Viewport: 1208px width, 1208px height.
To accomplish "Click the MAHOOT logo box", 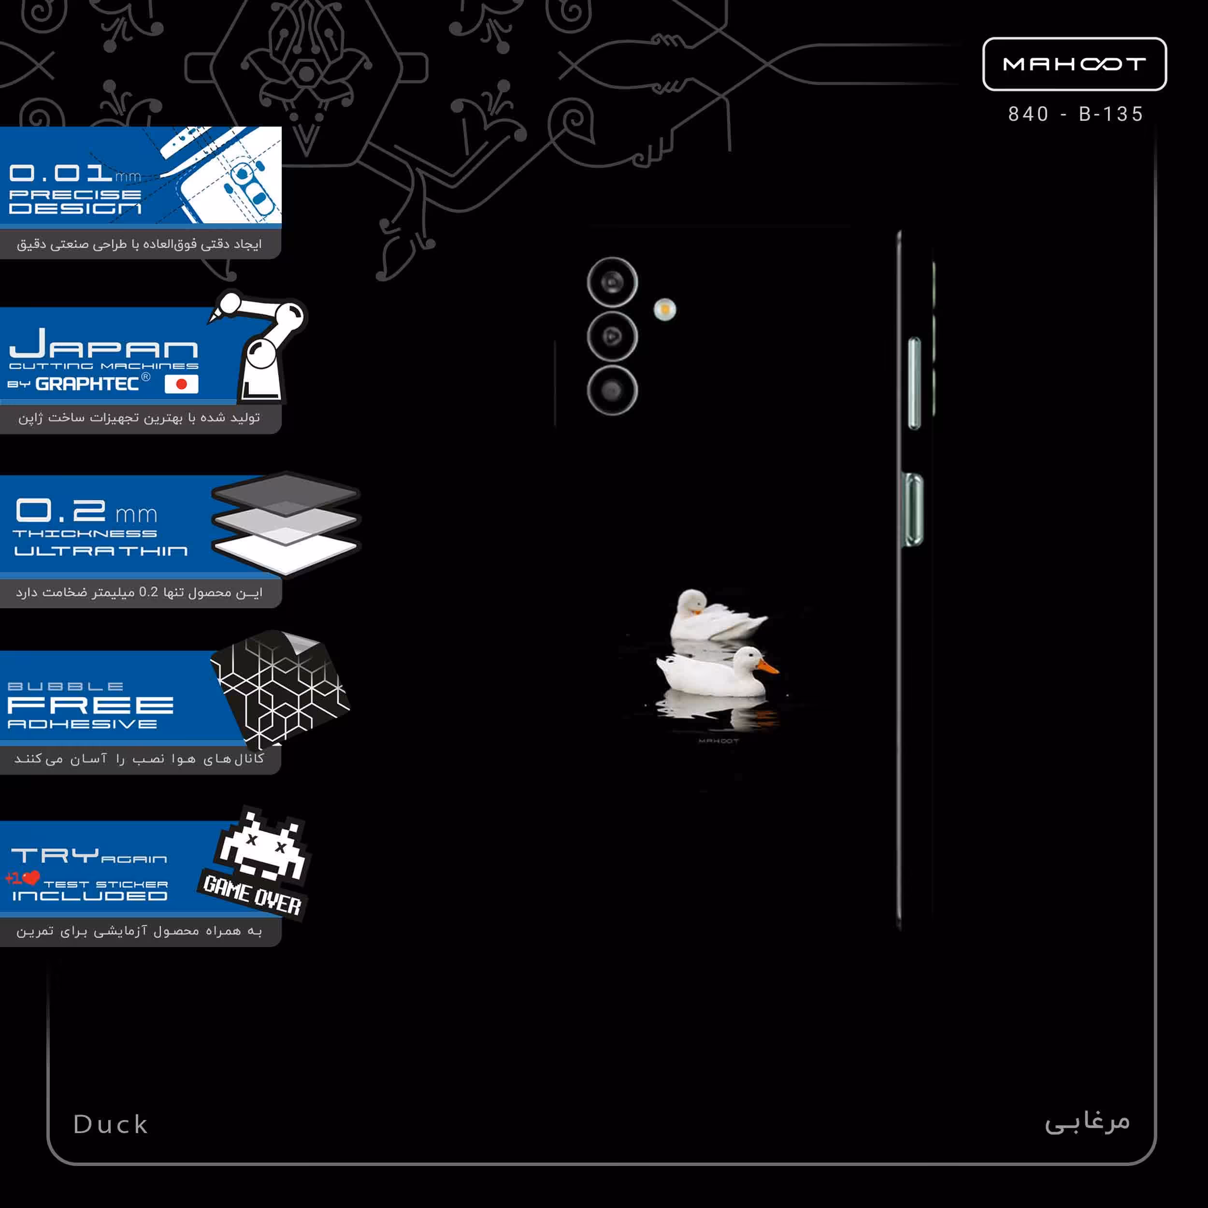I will coord(1074,64).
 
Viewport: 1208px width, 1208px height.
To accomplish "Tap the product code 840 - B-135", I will coord(1076,114).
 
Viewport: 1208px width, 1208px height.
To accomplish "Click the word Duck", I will coord(111,1124).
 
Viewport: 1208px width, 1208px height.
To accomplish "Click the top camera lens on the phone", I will coord(612,282).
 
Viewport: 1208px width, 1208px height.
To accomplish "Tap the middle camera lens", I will coord(612,336).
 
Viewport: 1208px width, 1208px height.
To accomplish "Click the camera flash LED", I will coord(665,310).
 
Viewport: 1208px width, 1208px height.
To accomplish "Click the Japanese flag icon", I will coord(181,384).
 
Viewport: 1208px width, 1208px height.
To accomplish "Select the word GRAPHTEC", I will coord(87,384).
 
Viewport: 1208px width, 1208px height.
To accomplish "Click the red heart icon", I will coord(31,878).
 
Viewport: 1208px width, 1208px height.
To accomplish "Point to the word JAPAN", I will coord(104,344).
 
